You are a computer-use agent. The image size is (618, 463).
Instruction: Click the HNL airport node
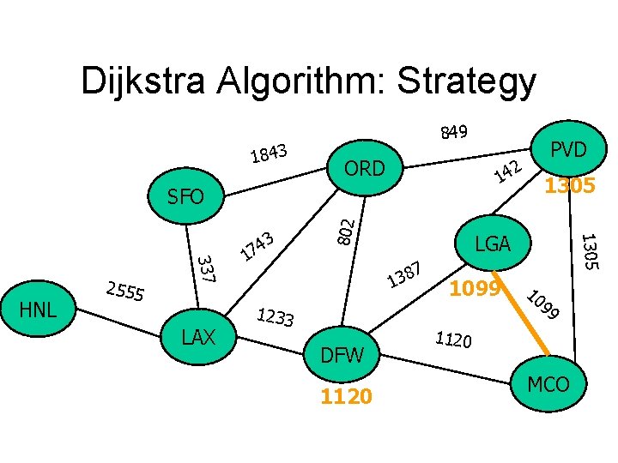[x=38, y=309]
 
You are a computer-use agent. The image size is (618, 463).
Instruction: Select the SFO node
[x=186, y=197]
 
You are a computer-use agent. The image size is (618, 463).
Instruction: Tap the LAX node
[x=198, y=337]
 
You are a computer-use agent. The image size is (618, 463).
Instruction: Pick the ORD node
[x=364, y=168]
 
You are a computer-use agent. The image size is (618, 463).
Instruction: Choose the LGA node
[x=493, y=244]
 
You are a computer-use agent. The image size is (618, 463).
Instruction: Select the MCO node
[x=548, y=383]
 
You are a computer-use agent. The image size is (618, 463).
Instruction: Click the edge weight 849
[x=453, y=132]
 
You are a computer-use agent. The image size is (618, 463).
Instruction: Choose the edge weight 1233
[x=276, y=318]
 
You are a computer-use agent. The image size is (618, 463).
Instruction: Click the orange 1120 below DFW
[x=346, y=395]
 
